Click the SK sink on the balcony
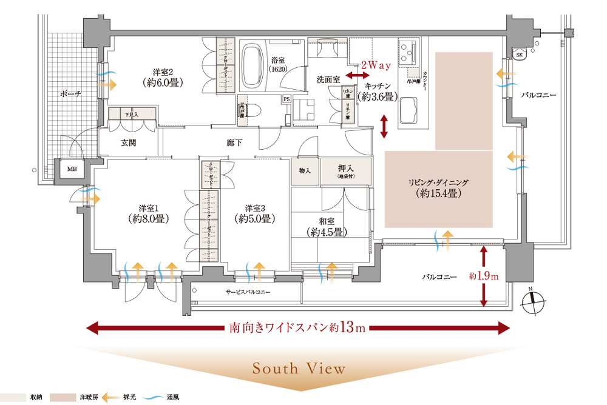(x=519, y=55)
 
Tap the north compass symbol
(x=533, y=300)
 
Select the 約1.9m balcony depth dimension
(x=483, y=276)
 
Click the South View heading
(x=299, y=369)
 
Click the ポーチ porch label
(x=71, y=94)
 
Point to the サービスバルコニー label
(x=248, y=291)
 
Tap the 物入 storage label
(x=305, y=170)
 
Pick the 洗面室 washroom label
(x=329, y=79)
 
